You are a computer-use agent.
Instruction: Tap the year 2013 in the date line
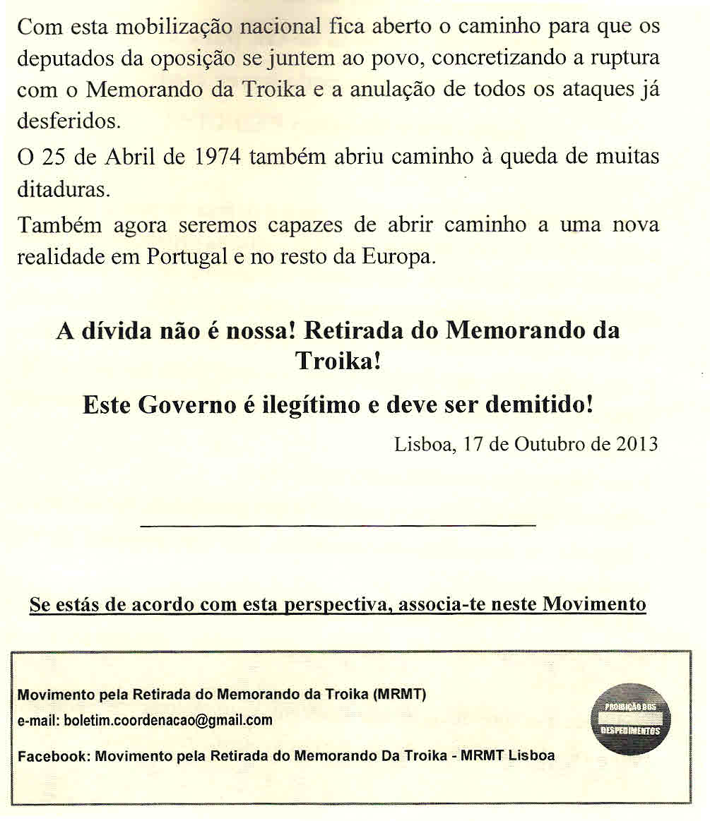[637, 445]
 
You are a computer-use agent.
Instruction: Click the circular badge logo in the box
[630, 719]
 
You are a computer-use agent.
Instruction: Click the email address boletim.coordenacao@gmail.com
[167, 721]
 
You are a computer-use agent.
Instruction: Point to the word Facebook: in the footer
[54, 756]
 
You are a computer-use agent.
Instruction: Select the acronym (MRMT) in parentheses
[398, 694]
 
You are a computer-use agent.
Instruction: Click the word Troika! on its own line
[338, 362]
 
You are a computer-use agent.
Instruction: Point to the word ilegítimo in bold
[308, 406]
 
